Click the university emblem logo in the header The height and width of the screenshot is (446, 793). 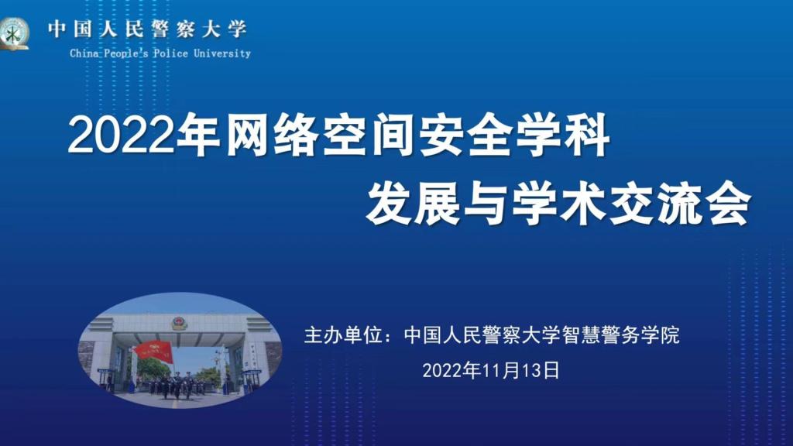coord(14,33)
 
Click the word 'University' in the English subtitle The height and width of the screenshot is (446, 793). coord(222,53)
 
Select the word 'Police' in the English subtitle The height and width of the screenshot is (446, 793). coord(171,53)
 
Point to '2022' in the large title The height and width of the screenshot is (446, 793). coord(122,136)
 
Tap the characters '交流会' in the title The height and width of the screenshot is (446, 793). coord(680,204)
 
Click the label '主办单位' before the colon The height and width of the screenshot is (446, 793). coord(343,335)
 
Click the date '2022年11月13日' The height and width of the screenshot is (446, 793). coord(491,371)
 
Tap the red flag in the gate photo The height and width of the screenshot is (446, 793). coord(154,351)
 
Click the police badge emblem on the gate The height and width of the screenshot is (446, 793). coord(180,323)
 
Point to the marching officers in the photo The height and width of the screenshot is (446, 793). coord(177,386)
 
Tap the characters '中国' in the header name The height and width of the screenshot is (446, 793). coord(70,29)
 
